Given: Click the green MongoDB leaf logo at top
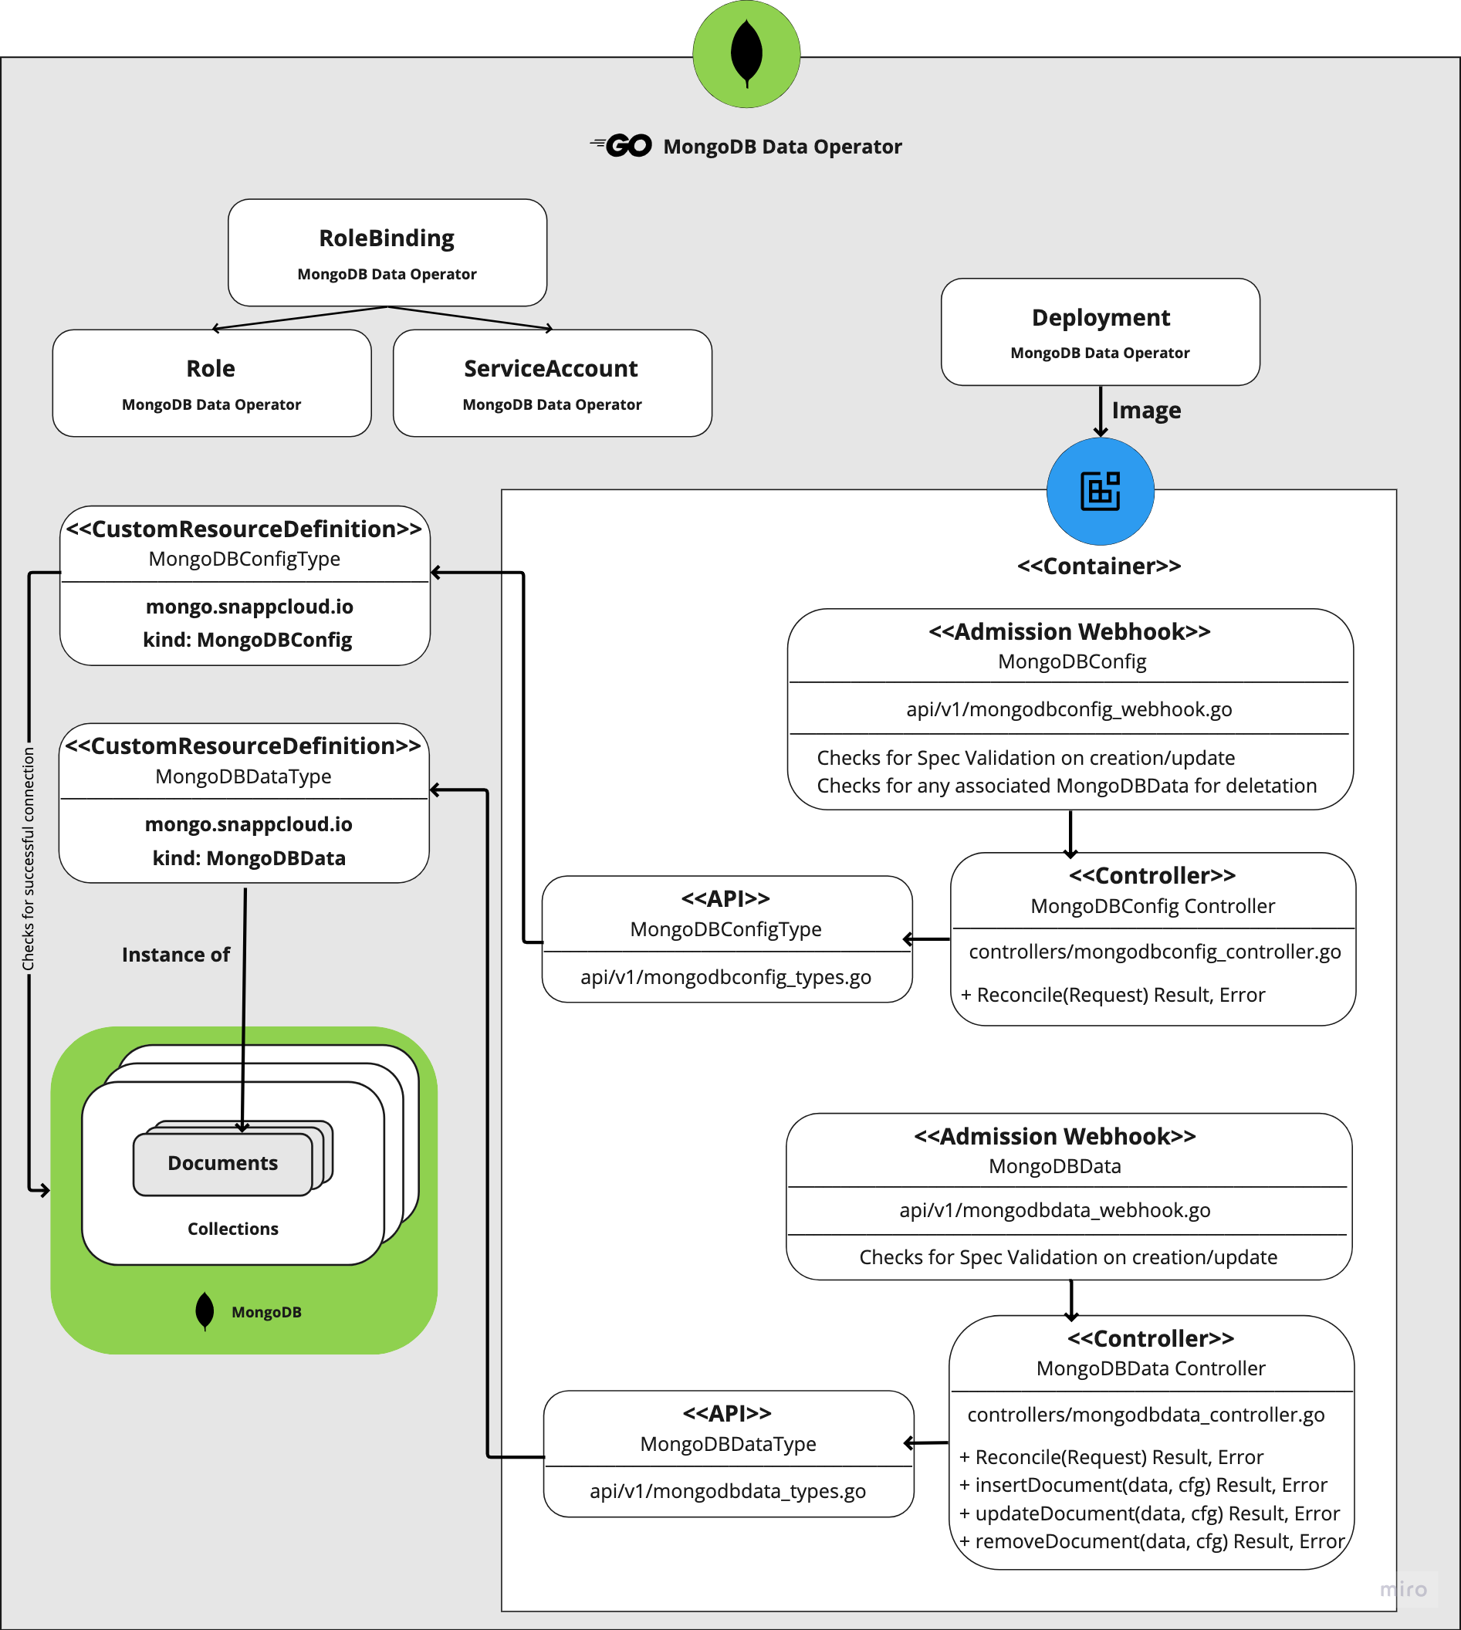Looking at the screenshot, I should (x=746, y=54).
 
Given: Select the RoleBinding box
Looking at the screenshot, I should (x=387, y=253).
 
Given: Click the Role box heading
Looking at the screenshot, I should (x=211, y=369).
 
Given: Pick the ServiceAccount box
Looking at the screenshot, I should (x=552, y=383).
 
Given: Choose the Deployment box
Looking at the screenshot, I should (x=1100, y=331).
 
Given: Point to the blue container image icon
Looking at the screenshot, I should (x=1100, y=491).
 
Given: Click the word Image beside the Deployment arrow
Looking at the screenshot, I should (x=1145, y=411).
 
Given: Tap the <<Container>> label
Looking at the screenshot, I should (x=1099, y=566).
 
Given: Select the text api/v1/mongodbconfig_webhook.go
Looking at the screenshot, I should (x=1068, y=709).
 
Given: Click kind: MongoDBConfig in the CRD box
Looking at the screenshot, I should (x=247, y=641).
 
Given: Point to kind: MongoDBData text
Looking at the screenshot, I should (x=249, y=859).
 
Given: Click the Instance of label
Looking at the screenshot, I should (x=176, y=955).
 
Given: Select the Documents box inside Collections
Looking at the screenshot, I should (x=222, y=1164).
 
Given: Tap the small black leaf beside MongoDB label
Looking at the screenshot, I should (x=205, y=1311).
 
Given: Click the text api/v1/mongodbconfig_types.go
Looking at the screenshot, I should (x=725, y=978).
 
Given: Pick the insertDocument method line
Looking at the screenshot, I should (x=1143, y=1486).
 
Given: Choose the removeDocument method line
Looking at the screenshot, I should (x=1152, y=1542).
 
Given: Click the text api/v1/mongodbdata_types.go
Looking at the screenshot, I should (x=727, y=1492).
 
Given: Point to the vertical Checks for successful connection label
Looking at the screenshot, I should (x=29, y=859).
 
